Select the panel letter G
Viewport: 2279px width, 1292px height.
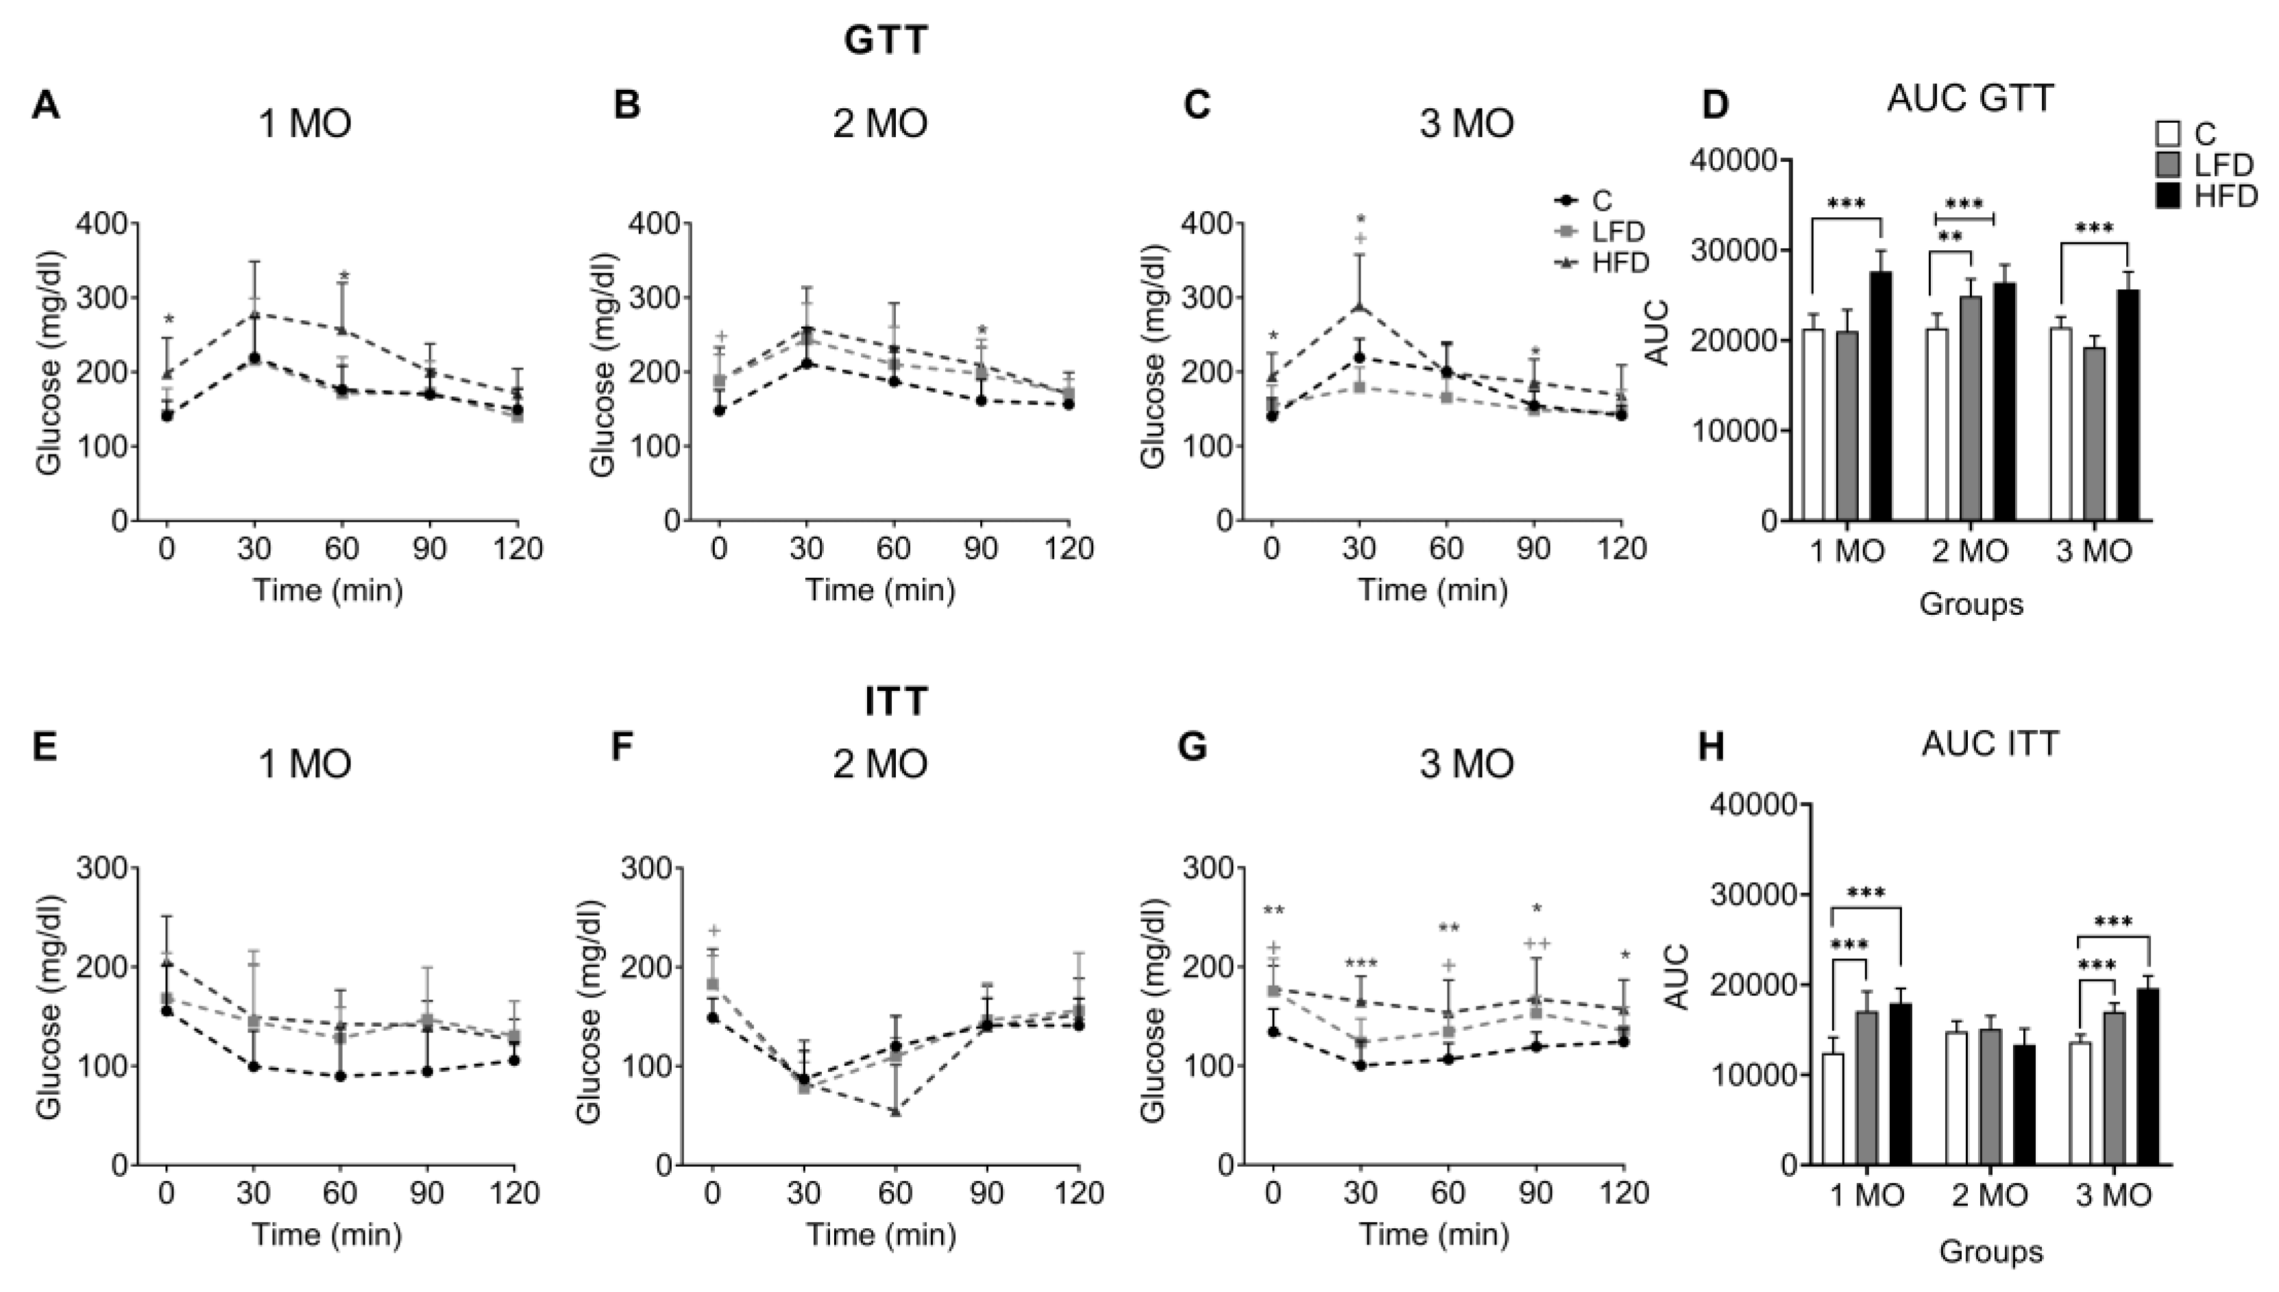[1191, 746]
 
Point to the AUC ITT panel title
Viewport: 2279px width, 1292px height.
[1990, 744]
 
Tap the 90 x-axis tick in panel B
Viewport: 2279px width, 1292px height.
[980, 549]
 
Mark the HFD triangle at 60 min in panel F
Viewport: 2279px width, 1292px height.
[895, 1111]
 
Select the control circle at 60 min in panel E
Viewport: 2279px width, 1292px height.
[340, 1076]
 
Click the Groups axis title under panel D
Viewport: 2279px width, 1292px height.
[1971, 605]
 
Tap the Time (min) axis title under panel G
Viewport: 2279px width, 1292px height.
[1434, 1234]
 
